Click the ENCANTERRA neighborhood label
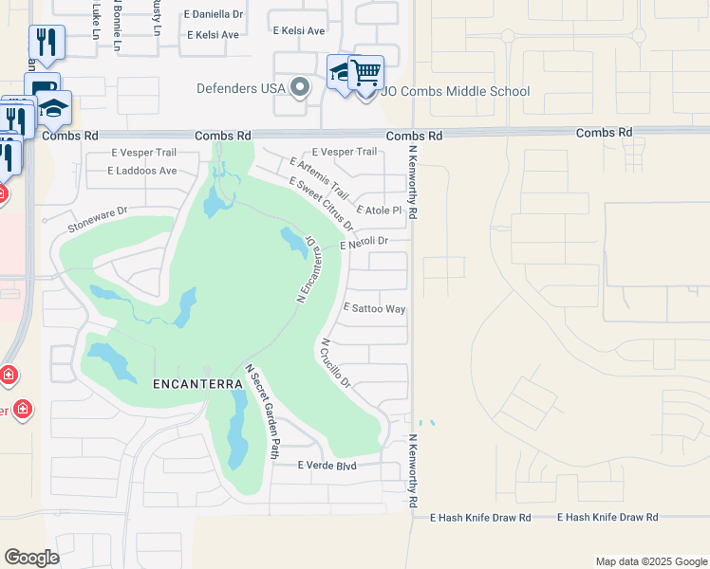click(x=190, y=384)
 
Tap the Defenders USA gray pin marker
click(x=301, y=89)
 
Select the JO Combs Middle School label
click(x=456, y=92)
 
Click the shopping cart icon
click(x=365, y=72)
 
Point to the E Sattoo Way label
click(x=374, y=308)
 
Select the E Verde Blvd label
click(x=326, y=466)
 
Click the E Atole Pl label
click(x=380, y=210)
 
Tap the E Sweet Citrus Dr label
click(x=322, y=205)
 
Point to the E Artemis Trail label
click(x=320, y=176)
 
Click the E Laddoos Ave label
click(x=142, y=171)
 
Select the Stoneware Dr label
click(x=98, y=220)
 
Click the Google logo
click(x=31, y=558)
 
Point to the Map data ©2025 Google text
click(x=650, y=561)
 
